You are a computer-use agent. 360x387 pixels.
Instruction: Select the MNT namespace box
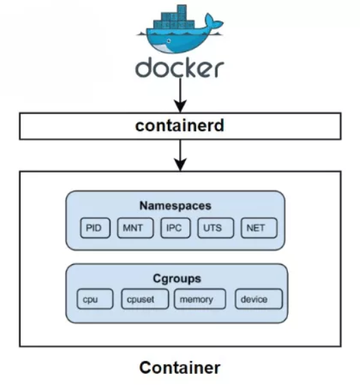point(134,228)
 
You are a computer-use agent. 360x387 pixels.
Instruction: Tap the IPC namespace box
point(173,228)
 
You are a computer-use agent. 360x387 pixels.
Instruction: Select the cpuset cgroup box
point(140,300)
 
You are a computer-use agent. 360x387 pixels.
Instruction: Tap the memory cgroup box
point(197,300)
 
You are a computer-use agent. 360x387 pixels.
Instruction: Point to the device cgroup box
point(259,300)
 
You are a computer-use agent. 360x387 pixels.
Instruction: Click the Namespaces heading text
point(176,205)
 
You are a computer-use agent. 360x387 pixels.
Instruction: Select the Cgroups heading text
point(176,279)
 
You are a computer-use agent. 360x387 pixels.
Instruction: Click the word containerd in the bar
point(180,126)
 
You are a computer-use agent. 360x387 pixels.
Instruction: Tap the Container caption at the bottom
point(180,368)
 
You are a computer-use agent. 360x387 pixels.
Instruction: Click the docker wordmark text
point(180,68)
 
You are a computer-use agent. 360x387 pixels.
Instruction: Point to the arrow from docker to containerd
point(180,96)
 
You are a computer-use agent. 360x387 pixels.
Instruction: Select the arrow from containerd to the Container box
point(180,155)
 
